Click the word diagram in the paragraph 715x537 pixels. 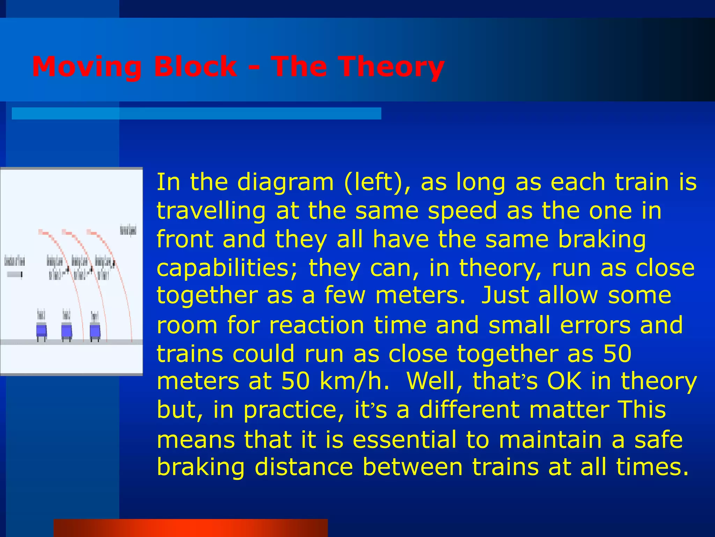click(x=285, y=183)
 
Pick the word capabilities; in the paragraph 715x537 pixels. click(x=227, y=268)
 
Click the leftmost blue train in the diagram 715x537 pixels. click(x=42, y=330)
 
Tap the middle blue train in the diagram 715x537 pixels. click(x=66, y=330)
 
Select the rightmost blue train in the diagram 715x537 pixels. click(x=95, y=330)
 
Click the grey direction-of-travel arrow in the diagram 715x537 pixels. click(x=15, y=274)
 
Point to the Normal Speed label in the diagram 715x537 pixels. click(x=128, y=230)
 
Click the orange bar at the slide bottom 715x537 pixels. click(x=191, y=528)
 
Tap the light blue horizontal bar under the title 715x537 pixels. click(x=196, y=114)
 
